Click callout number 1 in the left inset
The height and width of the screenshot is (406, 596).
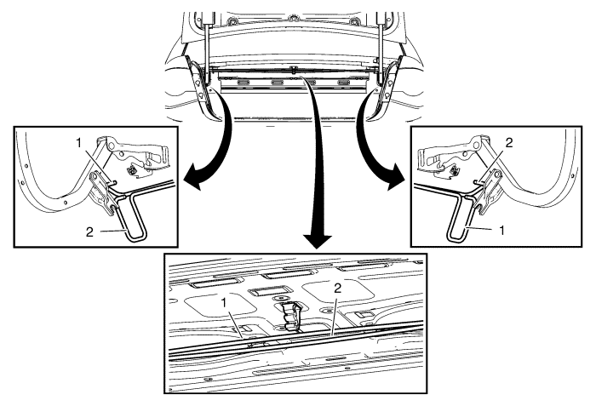point(78,143)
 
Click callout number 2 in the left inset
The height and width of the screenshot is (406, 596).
point(89,232)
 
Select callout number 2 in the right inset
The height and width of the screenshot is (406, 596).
point(509,142)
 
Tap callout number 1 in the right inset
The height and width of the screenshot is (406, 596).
point(501,230)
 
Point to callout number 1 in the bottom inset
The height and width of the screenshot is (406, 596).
point(224,303)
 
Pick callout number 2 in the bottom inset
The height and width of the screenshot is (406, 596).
point(337,289)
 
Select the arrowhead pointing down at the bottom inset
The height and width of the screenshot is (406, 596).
point(318,242)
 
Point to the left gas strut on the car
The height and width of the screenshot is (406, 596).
point(207,49)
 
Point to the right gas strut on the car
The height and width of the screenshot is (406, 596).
point(381,49)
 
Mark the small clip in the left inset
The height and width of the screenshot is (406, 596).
point(134,169)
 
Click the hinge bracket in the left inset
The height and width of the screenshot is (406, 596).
point(103,193)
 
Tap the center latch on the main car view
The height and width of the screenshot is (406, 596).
point(294,70)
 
